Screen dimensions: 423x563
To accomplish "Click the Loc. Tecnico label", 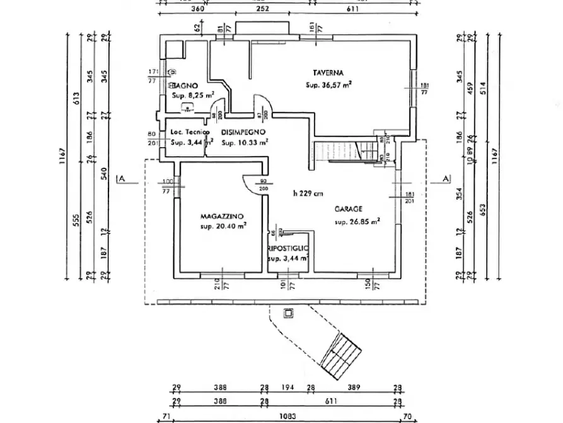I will (185, 132).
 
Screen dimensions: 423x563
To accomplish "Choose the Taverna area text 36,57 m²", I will (328, 85).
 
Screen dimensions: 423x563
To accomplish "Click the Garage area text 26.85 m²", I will (357, 222).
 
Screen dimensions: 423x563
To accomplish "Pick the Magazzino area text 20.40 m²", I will (223, 225).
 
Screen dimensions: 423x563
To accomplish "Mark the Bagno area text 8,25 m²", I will (193, 95).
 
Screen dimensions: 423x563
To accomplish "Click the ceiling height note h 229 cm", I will (308, 193).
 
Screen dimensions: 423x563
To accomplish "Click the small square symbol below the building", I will (289, 312).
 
